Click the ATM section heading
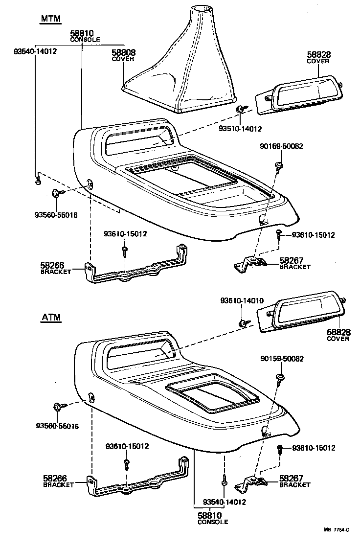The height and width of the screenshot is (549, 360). click(x=50, y=317)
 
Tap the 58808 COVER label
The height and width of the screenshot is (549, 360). click(x=123, y=55)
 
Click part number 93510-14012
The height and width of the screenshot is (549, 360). click(x=241, y=129)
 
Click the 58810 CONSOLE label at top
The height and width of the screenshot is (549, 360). click(x=86, y=36)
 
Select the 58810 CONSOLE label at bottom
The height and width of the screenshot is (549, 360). click(x=213, y=518)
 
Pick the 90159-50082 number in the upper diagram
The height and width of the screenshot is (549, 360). click(x=281, y=146)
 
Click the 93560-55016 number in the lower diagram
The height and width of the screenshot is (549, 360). click(x=57, y=426)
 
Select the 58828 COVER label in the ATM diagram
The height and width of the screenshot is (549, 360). click(x=338, y=335)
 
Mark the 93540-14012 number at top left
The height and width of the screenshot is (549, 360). click(x=35, y=50)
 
